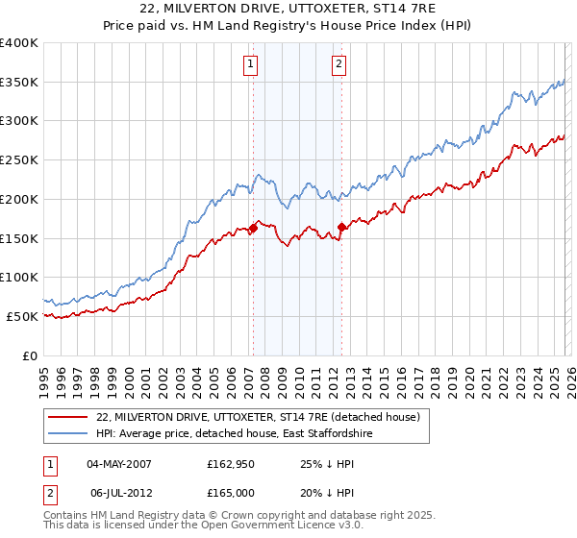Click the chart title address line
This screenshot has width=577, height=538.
[x=288, y=9]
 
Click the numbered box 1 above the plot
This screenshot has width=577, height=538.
[x=250, y=64]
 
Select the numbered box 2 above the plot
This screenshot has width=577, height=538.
[x=339, y=64]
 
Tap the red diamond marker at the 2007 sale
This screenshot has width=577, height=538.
[x=253, y=228]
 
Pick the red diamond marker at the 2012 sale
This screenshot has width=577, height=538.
[x=341, y=227]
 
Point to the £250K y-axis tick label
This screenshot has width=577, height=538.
[x=19, y=159]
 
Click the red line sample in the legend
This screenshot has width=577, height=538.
[x=68, y=418]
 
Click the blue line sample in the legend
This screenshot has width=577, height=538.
[x=68, y=435]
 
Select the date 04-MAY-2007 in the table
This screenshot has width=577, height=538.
[x=118, y=465]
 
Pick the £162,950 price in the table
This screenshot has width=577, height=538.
[x=230, y=465]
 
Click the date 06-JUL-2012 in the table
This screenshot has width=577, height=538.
[x=118, y=492]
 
